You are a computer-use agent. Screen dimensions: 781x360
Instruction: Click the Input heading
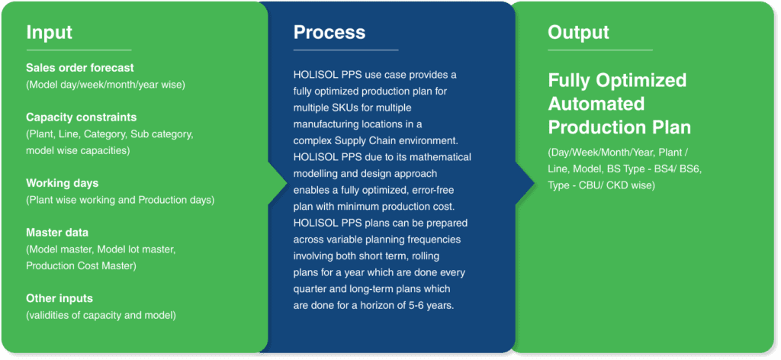[50, 32]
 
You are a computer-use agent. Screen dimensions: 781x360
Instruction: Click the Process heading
[329, 32]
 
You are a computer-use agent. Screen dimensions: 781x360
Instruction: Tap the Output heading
[578, 33]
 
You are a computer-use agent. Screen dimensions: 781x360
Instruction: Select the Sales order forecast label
[80, 68]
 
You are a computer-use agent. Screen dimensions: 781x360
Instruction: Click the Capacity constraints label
[81, 117]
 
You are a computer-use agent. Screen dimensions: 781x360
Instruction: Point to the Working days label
[63, 184]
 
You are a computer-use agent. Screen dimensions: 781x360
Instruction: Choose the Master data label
[57, 233]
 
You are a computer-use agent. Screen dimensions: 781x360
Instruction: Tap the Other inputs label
[59, 299]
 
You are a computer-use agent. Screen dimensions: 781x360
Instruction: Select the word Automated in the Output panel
[596, 104]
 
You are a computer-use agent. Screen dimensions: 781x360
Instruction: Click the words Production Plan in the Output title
[619, 127]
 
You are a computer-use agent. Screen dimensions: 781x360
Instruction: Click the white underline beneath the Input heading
[79, 50]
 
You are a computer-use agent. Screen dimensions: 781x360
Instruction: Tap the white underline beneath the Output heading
[600, 50]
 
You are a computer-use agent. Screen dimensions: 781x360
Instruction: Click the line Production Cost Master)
[81, 266]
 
